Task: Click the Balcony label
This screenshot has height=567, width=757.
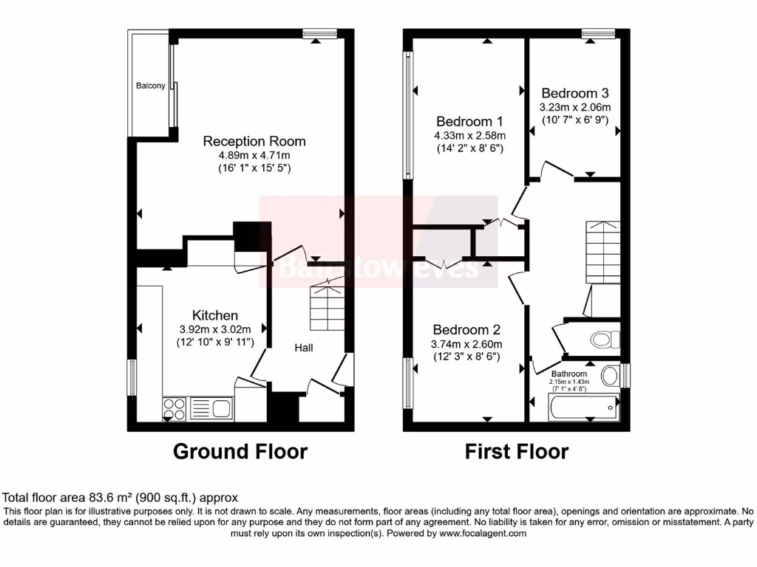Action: tap(150, 86)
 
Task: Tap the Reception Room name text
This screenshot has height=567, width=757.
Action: tap(254, 141)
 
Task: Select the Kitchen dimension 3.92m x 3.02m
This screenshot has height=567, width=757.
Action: tap(215, 329)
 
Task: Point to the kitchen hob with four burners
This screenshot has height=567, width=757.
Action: tap(174, 408)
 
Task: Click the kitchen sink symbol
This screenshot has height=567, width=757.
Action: tap(211, 408)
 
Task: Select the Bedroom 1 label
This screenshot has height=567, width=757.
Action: tap(469, 121)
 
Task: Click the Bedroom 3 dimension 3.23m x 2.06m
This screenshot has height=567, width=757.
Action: tap(575, 107)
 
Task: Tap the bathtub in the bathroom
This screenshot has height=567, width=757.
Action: tap(582, 405)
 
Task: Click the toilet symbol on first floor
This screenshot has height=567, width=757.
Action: tap(604, 340)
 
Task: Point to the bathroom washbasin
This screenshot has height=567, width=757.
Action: tap(611, 376)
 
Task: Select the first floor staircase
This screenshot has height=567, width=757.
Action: tap(603, 251)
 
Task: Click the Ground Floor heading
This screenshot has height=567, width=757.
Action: tap(240, 451)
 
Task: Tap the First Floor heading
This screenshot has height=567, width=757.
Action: tap(517, 451)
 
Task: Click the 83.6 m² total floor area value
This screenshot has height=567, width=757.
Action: tap(92, 498)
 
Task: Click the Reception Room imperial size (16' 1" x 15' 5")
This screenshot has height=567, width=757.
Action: tap(254, 168)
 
